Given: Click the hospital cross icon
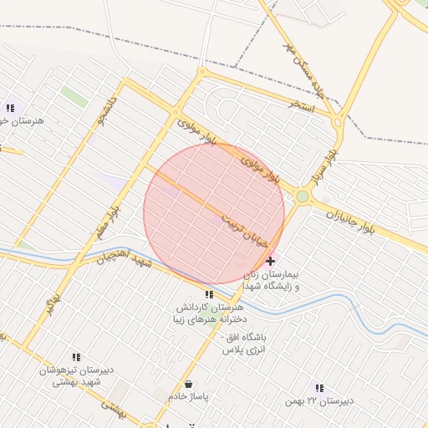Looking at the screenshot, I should (x=269, y=261).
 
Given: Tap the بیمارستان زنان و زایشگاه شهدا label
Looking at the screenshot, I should (x=269, y=280).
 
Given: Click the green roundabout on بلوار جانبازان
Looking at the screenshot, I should (x=302, y=197).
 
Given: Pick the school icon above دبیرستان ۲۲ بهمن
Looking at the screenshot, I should (x=318, y=387).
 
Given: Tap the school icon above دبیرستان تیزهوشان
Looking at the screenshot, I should (x=77, y=356).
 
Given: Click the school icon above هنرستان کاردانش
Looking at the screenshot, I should (x=209, y=294).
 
